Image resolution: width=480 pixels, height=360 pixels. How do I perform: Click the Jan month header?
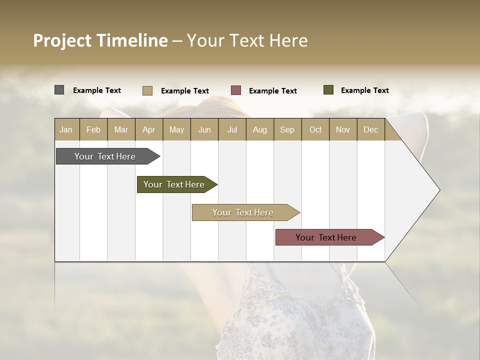pyautogui.click(x=66, y=129)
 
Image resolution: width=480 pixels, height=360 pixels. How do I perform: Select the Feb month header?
pyautogui.click(x=93, y=129)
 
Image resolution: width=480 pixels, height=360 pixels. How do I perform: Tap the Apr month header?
pyautogui.click(x=148, y=129)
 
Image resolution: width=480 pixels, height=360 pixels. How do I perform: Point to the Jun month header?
pyautogui.click(x=204, y=129)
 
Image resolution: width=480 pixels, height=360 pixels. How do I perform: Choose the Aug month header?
pyautogui.click(x=259, y=129)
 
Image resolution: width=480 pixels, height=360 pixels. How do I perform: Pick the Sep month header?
pyautogui.click(x=287, y=129)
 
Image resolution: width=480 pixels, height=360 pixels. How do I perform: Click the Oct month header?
pyautogui.click(x=315, y=129)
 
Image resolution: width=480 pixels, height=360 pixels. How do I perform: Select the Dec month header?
pyautogui.click(x=370, y=129)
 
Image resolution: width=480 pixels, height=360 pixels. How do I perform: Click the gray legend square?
pyautogui.click(x=59, y=90)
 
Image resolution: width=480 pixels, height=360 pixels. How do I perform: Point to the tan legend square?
pyautogui.click(x=147, y=90)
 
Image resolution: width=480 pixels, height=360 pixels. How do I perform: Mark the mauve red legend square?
pyautogui.click(x=236, y=90)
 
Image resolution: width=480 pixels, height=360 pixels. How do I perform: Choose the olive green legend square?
pyautogui.click(x=328, y=90)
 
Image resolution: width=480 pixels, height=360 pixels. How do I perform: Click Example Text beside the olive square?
pyautogui.click(x=364, y=90)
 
